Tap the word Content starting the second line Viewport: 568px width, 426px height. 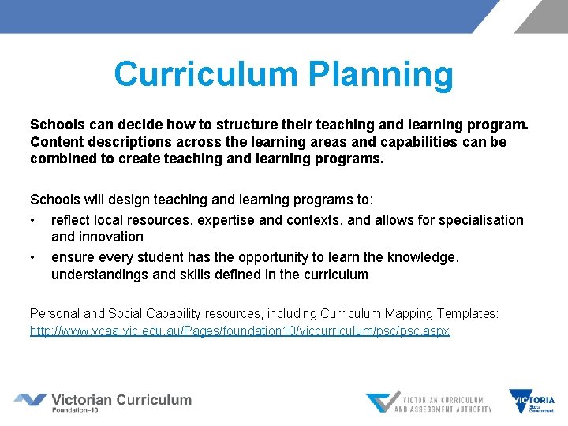(57, 142)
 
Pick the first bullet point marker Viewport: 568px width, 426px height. (34, 220)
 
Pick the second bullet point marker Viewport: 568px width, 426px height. (34, 257)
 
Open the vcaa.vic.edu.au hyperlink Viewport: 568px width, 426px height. (240, 331)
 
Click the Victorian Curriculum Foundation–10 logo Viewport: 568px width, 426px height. (103, 402)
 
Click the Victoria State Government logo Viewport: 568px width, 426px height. (532, 402)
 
